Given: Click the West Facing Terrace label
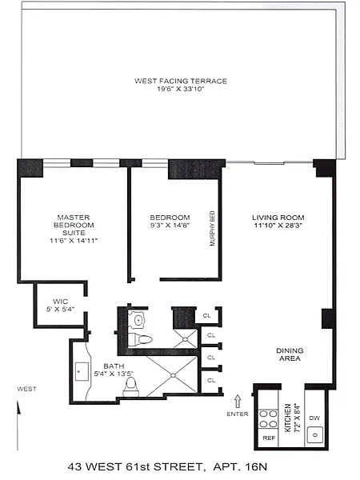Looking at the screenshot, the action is pos(181,81).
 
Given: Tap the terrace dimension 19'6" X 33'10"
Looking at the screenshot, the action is pos(181,89).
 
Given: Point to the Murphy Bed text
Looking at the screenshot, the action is pos(213,228).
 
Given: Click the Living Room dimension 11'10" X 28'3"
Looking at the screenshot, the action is pos(278,226).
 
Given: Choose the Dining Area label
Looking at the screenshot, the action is pos(290,354).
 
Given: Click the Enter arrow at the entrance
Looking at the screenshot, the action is pos(238,402).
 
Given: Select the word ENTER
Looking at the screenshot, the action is pos(238,414).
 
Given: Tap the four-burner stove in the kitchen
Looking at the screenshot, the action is pos(268,418).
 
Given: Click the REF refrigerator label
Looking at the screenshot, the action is pos(269,438).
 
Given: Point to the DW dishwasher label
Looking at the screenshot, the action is pos(314,418).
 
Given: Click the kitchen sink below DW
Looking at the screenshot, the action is pos(315,434).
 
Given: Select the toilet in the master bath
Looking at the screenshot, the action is pos(131,386).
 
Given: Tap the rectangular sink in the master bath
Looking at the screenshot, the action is pos(82,372).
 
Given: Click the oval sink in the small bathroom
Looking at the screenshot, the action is pos(138,321).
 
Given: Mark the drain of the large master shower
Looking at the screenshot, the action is pos(173,375).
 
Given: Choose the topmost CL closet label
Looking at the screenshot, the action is pos(207,315).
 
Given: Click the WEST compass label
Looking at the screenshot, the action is pos(26,389).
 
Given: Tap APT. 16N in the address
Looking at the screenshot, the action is pos(240,467).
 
